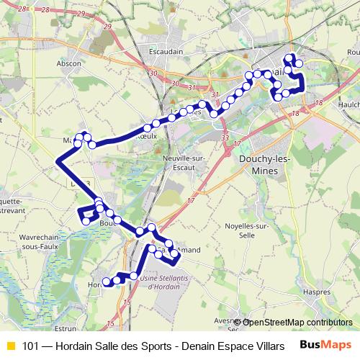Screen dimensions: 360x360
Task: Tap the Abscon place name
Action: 69,63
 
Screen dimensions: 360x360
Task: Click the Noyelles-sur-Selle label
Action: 248,230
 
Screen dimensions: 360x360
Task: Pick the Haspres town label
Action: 317,292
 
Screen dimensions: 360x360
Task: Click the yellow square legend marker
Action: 10,345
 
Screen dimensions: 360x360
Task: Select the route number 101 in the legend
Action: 32,345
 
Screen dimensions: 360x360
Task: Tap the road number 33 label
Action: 225,138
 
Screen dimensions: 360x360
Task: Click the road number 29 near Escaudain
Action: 108,26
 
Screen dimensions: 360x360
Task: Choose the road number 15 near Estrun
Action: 109,323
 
